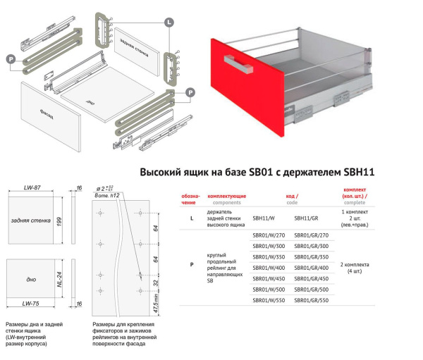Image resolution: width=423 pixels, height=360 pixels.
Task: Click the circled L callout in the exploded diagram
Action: [x=169, y=23]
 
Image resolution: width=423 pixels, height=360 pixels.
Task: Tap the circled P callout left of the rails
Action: [x=11, y=60]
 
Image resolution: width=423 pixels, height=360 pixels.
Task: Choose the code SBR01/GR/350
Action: [x=311, y=256]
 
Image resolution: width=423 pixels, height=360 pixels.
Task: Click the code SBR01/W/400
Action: [x=269, y=268]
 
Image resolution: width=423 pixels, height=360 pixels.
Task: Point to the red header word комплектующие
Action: [x=226, y=194]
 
